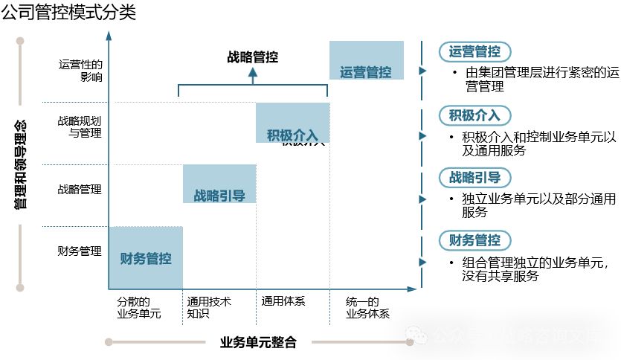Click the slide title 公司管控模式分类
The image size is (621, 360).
click(68, 13)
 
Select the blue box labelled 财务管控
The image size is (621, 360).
click(146, 258)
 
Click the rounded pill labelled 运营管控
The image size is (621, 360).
click(474, 52)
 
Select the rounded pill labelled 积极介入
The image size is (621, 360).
click(474, 115)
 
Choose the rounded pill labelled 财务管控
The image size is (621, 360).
click(474, 240)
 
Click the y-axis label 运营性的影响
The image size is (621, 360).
click(80, 71)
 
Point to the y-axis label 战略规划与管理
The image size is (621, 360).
click(80, 126)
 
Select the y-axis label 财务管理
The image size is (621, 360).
click(80, 251)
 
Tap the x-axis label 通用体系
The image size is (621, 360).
click(283, 302)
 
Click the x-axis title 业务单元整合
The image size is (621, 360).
click(258, 343)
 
